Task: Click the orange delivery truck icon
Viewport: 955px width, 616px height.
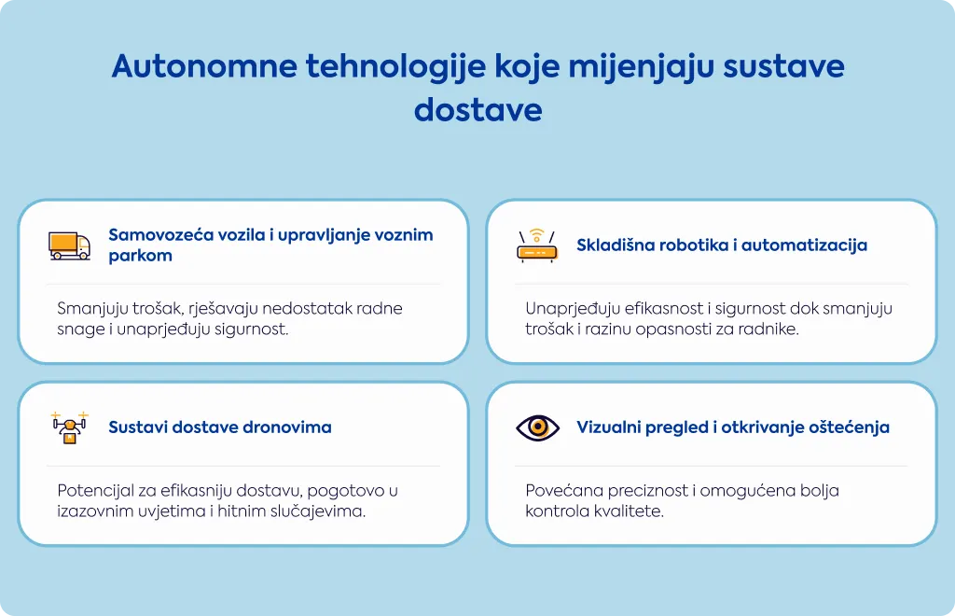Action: tap(69, 245)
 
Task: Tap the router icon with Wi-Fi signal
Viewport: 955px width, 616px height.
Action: tap(536, 245)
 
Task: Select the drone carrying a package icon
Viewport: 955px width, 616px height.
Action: tap(70, 427)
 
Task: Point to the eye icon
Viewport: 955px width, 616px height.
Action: tap(537, 427)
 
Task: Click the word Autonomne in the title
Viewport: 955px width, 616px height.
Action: tap(204, 66)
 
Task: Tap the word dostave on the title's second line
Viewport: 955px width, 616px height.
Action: tap(478, 110)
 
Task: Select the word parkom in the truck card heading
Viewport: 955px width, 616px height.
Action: tap(140, 256)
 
